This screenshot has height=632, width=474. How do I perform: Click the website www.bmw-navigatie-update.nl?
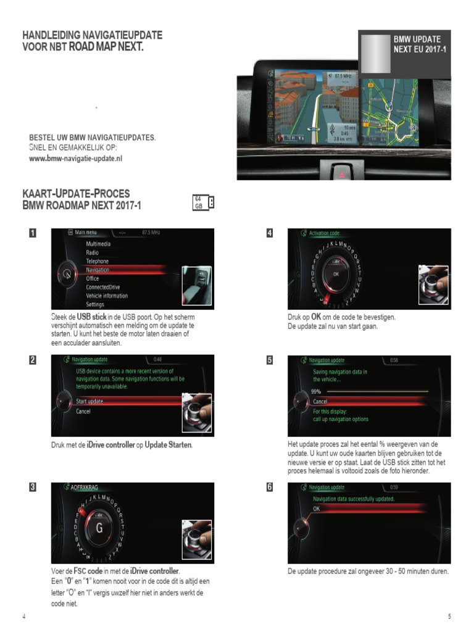(x=76, y=158)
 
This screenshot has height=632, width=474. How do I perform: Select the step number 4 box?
(x=270, y=233)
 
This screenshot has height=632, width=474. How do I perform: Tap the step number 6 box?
(x=270, y=486)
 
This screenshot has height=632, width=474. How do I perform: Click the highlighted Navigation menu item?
(x=98, y=270)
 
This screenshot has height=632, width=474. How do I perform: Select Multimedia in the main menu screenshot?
(x=98, y=244)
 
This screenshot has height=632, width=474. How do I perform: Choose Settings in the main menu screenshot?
(x=95, y=304)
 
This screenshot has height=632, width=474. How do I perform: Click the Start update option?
(x=89, y=401)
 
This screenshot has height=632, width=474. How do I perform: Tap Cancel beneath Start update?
(x=83, y=411)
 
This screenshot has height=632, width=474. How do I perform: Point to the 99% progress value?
(x=316, y=391)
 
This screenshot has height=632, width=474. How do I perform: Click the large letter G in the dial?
(x=99, y=528)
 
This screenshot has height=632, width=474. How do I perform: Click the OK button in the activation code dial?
(x=336, y=273)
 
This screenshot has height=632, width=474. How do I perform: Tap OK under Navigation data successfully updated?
(x=317, y=509)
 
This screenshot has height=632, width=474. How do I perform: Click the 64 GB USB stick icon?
(x=204, y=202)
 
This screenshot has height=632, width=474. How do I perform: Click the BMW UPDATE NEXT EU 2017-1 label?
(x=420, y=44)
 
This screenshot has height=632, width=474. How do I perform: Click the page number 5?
(x=450, y=617)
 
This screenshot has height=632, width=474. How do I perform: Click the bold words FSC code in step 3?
(x=88, y=571)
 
